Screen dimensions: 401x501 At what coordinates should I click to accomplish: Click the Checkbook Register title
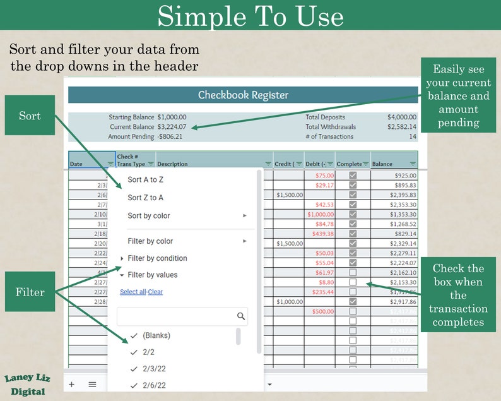(x=243, y=95)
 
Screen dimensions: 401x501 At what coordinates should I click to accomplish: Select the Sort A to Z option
(x=146, y=179)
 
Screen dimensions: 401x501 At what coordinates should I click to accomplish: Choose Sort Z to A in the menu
(x=146, y=198)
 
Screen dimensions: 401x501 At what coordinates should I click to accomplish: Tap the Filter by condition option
(x=157, y=258)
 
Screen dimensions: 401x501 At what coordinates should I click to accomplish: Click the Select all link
(x=133, y=292)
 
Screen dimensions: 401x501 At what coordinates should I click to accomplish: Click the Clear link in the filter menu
(x=156, y=292)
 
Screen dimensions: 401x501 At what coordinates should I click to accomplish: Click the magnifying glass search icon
(x=240, y=316)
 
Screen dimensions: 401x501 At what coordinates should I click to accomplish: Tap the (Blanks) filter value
(x=156, y=335)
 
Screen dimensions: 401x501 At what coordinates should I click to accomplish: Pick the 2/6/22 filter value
(x=155, y=385)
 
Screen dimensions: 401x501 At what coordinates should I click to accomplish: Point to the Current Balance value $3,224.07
(x=172, y=127)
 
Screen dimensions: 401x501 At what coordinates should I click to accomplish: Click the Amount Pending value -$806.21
(x=170, y=136)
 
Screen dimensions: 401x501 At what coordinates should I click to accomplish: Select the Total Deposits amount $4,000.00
(x=402, y=117)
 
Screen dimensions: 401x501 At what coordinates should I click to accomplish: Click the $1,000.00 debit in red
(x=321, y=214)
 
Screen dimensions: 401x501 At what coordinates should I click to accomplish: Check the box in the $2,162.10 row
(x=353, y=272)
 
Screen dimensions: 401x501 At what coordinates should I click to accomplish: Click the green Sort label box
(x=30, y=116)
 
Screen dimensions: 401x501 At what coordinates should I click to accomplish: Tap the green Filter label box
(x=30, y=292)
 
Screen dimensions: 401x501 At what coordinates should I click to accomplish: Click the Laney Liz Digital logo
(x=27, y=385)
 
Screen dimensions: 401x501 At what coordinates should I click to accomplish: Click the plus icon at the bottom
(x=71, y=384)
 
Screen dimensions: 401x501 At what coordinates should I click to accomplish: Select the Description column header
(x=172, y=164)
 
